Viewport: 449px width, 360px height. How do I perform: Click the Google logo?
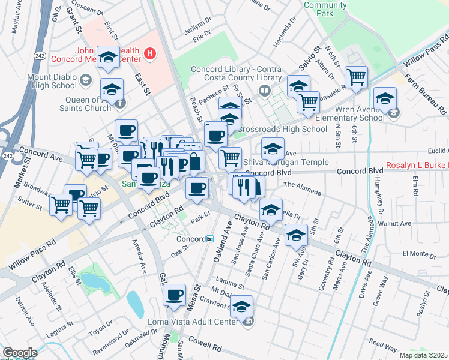19,353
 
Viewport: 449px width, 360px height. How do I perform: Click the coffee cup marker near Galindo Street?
175,295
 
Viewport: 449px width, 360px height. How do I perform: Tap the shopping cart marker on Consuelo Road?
356,77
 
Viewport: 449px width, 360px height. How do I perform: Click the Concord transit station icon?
209,238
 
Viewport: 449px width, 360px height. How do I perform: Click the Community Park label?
325,9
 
